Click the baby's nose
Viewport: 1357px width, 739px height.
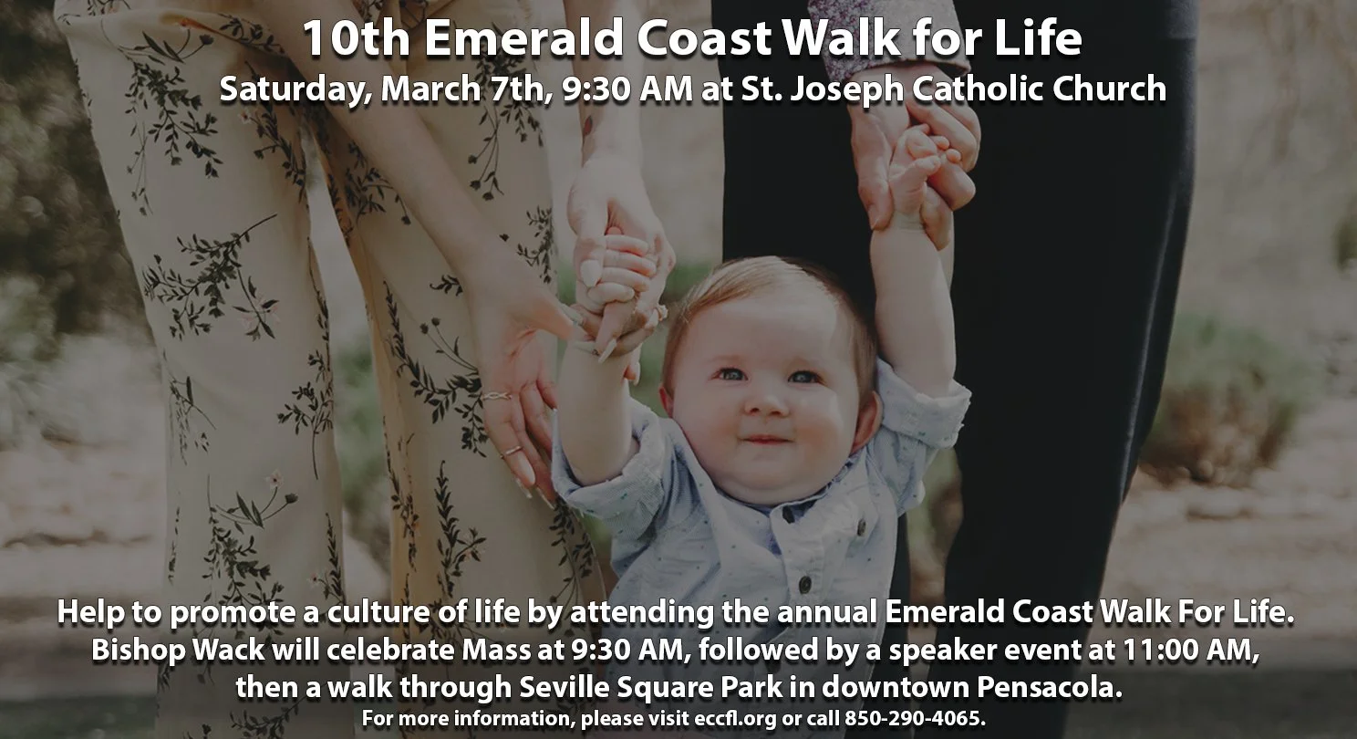pyautogui.click(x=768, y=401)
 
